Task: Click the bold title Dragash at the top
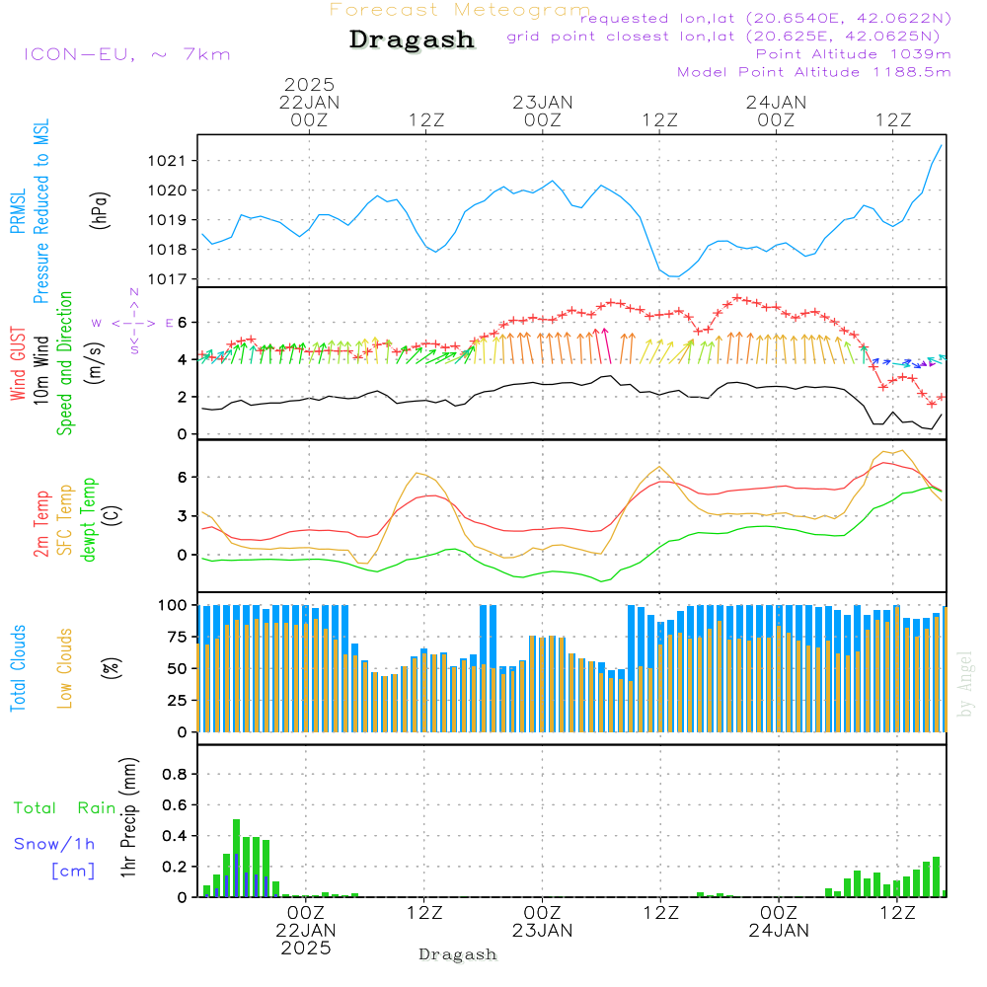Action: [x=412, y=40]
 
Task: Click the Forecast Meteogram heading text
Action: [x=460, y=10]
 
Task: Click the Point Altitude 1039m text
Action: [x=853, y=54]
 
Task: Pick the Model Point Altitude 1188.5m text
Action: [x=813, y=72]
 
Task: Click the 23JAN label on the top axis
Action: [x=542, y=102]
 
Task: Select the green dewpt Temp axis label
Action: [x=89, y=519]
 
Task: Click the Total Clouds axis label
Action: [x=18, y=668]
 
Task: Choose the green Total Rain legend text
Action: [x=64, y=807]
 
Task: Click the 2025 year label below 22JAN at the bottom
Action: [x=306, y=948]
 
